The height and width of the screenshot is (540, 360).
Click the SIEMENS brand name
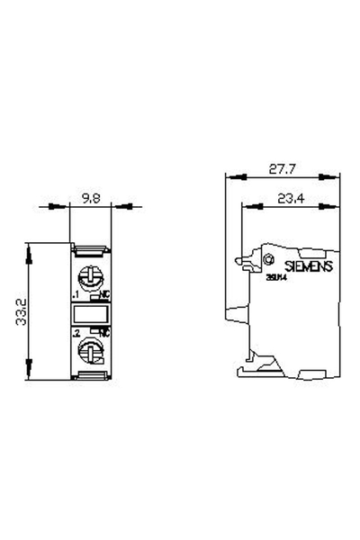click(309, 266)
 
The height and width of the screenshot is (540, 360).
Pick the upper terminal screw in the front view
click(90, 274)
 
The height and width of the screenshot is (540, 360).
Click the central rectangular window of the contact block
click(90, 313)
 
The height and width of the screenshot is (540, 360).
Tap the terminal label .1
click(75, 294)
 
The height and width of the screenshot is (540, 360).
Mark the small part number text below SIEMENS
click(275, 279)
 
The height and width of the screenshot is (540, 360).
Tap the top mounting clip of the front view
click(90, 247)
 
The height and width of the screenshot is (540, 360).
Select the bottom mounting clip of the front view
click(90, 377)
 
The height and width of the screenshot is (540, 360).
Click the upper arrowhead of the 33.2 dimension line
click(30, 246)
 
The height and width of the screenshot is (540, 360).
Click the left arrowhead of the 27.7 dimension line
click(229, 177)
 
